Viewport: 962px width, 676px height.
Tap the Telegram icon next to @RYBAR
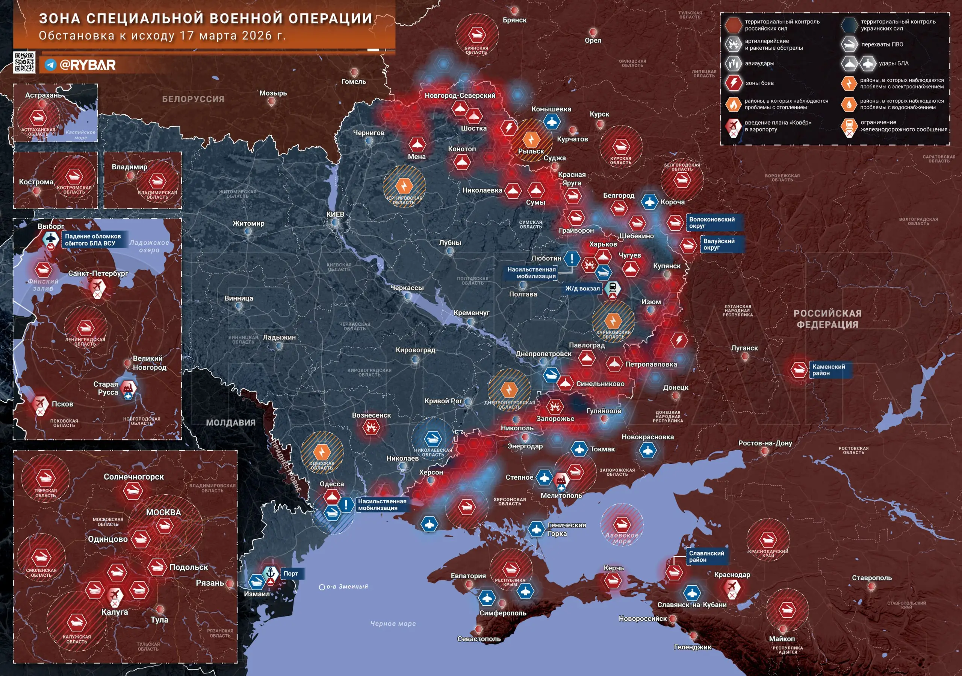51,65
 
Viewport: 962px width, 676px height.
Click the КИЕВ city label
335,214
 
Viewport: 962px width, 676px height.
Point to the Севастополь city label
479,639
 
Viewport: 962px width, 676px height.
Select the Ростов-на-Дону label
765,443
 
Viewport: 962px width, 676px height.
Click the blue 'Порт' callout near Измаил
291,574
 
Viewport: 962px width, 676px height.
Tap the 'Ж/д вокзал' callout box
582,289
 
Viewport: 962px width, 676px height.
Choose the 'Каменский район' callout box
829,370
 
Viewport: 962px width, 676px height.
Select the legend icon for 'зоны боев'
733,83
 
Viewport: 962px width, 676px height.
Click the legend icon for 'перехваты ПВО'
849,44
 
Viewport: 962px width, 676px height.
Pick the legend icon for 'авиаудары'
733,64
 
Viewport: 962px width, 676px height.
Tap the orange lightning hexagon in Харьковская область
613,321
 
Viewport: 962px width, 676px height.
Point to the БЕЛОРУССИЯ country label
193,99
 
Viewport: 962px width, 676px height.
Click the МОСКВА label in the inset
163,512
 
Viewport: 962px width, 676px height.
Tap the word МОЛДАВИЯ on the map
230,423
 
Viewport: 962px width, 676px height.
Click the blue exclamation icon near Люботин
572,258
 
